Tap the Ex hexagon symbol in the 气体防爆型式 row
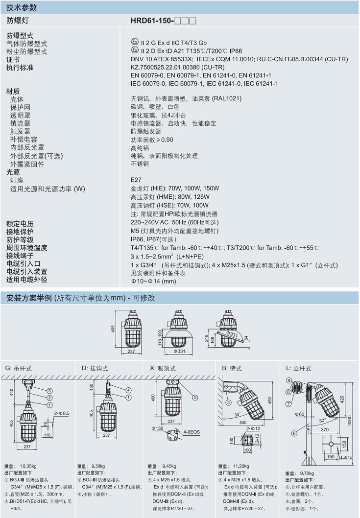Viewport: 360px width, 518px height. coord(134,43)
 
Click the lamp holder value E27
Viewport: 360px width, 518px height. coord(136,180)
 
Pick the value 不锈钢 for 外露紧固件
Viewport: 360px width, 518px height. coord(140,164)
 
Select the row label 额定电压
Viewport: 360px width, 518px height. coord(20,223)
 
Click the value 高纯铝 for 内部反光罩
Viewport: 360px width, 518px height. coord(140,148)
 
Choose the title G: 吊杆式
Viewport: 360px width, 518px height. coord(21,368)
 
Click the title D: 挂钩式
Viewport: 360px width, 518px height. coord(95,368)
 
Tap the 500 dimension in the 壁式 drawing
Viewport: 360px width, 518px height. coord(243,422)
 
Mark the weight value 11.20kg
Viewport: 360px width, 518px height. coord(239,466)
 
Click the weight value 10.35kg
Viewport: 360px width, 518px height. coord(29,466)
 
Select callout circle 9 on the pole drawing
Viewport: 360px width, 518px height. coord(289,380)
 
